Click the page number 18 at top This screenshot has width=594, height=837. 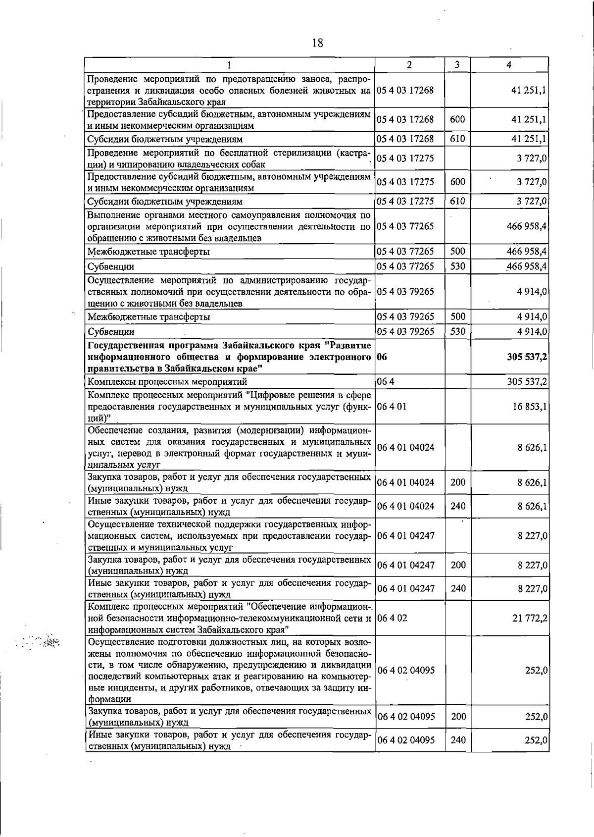click(x=317, y=43)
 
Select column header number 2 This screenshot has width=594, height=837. click(x=409, y=65)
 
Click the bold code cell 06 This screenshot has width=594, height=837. click(x=382, y=357)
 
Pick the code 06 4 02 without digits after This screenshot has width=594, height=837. click(x=392, y=618)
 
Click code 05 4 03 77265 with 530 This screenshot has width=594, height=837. click(x=405, y=266)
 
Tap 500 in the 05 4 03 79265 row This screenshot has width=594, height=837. click(x=457, y=316)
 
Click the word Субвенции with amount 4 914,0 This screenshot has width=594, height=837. click(x=111, y=332)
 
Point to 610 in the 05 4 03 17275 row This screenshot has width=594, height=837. click(x=457, y=201)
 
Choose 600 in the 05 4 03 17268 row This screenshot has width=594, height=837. click(x=457, y=119)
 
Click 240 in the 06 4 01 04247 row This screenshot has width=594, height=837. click(x=458, y=588)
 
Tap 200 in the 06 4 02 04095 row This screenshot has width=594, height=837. click(x=458, y=717)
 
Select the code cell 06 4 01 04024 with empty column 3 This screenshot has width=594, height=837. click(x=405, y=447)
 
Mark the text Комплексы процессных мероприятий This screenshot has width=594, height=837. click(x=167, y=382)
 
